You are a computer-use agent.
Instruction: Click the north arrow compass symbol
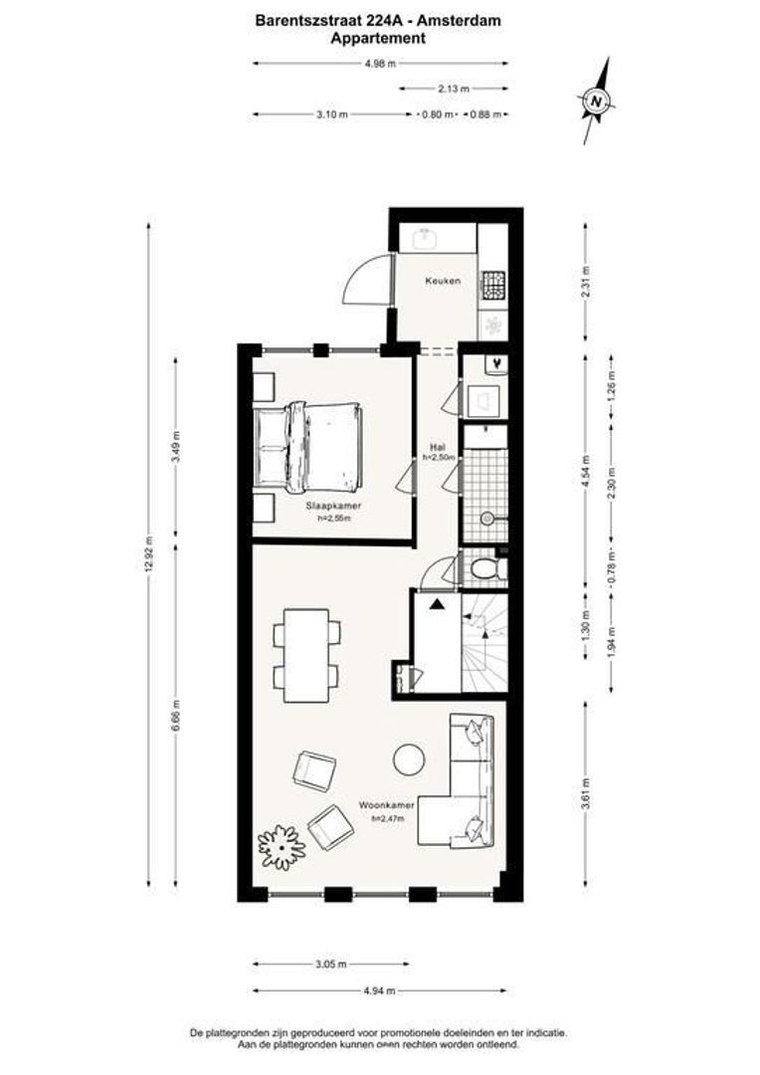click(x=595, y=100)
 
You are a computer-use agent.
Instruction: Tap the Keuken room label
click(x=443, y=282)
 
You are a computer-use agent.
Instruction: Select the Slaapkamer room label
click(x=333, y=506)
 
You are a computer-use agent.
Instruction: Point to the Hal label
click(x=437, y=447)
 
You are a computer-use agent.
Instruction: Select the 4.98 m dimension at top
click(x=381, y=64)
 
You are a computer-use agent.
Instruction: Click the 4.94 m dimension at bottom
click(x=381, y=990)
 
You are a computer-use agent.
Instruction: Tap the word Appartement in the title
click(x=379, y=39)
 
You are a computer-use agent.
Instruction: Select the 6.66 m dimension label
click(x=176, y=715)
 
